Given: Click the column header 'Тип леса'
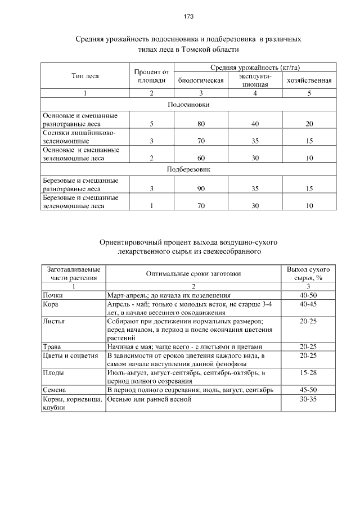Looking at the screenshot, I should coord(85,76).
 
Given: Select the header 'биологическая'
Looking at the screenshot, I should coord(201,80).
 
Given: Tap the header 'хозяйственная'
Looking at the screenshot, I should coord(309,80).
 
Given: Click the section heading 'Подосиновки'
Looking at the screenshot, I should coord(188,105).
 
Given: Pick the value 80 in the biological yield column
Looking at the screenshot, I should coord(201,124).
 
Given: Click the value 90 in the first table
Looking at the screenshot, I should coord(201,189).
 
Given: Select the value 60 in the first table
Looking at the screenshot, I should coord(201,159).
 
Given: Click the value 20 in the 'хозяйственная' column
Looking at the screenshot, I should coord(309,124).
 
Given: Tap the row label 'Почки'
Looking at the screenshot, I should coord(53,295).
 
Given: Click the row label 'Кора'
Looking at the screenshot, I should coord(51,303).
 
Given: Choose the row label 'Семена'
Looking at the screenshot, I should coord(55,390).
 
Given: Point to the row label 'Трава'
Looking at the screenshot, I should coord(52,346).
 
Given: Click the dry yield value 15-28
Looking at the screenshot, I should coord(308,372).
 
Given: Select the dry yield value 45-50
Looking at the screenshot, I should coord(308,390).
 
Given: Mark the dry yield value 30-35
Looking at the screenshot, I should coord(308,399).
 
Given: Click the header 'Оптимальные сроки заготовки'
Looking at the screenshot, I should coord(193,273).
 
